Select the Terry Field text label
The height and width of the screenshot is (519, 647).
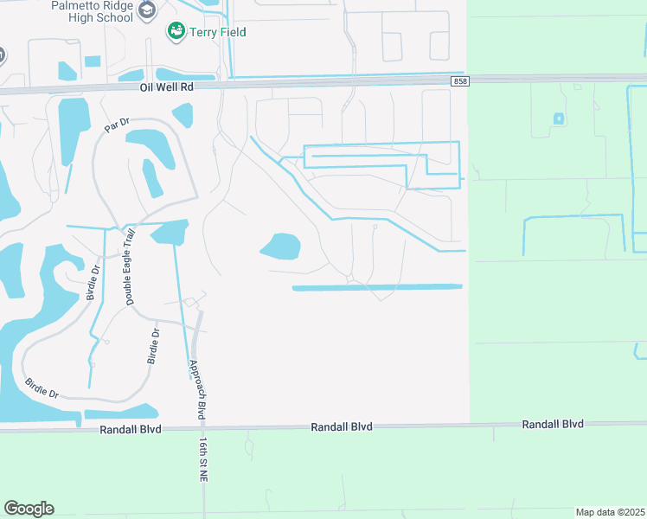pos(219,32)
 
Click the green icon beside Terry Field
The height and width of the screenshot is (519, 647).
pos(176,31)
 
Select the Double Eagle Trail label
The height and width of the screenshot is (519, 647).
pos(131,266)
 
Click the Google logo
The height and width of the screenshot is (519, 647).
pos(29,509)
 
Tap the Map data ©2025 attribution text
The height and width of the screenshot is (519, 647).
pos(609,512)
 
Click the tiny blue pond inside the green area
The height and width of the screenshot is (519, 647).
pos(559,118)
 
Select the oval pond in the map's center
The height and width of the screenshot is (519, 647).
pos(280,247)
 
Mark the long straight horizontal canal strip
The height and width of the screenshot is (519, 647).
pos(377,287)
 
